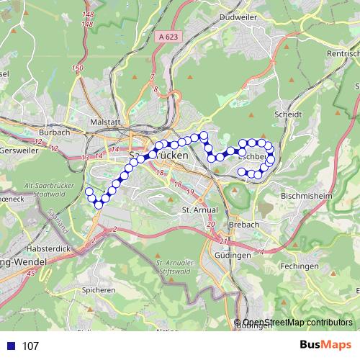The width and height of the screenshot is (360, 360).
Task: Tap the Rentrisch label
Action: tap(342, 55)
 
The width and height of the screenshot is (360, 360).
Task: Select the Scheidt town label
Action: tap(287, 114)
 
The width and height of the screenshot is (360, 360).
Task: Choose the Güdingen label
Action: tap(233, 256)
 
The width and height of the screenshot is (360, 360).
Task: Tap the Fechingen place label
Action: tap(302, 266)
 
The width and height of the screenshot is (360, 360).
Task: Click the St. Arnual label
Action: tap(195, 210)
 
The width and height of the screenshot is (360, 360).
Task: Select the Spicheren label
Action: tap(99, 290)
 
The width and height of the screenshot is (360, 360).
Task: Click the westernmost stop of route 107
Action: tap(89, 192)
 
